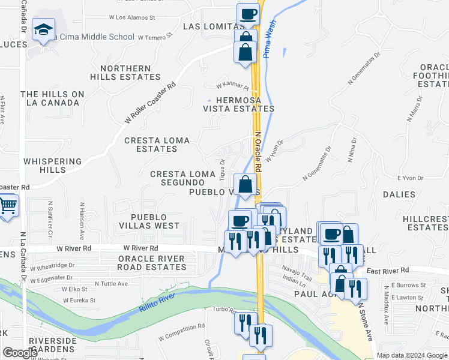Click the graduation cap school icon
click(x=44, y=29)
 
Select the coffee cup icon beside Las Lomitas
click(x=248, y=14)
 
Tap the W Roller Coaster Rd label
click(x=150, y=103)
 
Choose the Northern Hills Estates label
click(x=125, y=73)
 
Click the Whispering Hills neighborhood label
click(x=52, y=166)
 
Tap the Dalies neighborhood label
click(x=398, y=194)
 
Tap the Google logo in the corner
click(x=20, y=353)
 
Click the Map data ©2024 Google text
click(x=411, y=355)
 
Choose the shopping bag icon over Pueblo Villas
click(x=246, y=185)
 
